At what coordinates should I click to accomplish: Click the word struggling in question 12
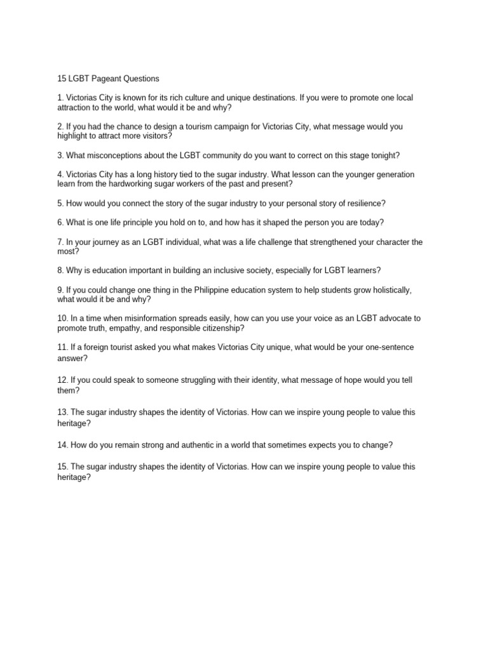194,380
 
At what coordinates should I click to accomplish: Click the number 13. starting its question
62,412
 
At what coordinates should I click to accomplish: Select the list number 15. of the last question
62,467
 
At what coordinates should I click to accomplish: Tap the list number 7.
60,242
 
